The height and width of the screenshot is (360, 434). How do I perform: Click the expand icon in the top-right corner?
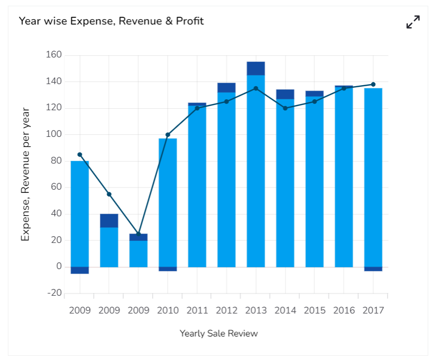(x=413, y=22)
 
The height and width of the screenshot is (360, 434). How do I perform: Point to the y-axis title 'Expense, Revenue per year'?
(x=25, y=175)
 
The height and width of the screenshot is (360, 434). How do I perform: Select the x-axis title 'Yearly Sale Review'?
(x=219, y=333)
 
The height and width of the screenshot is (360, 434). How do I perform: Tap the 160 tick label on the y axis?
(x=54, y=55)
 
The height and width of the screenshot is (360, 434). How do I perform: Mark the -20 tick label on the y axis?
(x=54, y=293)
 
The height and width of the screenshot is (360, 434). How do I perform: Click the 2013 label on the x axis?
(x=256, y=310)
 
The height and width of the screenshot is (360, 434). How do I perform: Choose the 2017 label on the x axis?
(x=373, y=310)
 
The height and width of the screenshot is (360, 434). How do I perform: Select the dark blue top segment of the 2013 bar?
(x=256, y=68)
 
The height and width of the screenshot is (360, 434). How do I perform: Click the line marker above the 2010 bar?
(x=168, y=135)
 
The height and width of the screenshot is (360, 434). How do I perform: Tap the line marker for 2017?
(x=373, y=84)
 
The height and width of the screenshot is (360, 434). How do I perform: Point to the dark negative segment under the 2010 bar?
(x=168, y=269)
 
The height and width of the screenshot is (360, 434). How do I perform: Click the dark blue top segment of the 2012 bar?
(x=226, y=88)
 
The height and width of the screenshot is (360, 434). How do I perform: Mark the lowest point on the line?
(x=139, y=234)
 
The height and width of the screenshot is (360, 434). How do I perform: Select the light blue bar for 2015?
(x=314, y=183)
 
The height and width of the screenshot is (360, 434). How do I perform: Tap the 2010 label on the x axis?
(x=168, y=310)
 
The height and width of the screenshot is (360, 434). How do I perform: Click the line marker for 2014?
(x=285, y=108)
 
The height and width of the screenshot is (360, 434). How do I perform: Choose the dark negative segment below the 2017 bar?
(x=373, y=269)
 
